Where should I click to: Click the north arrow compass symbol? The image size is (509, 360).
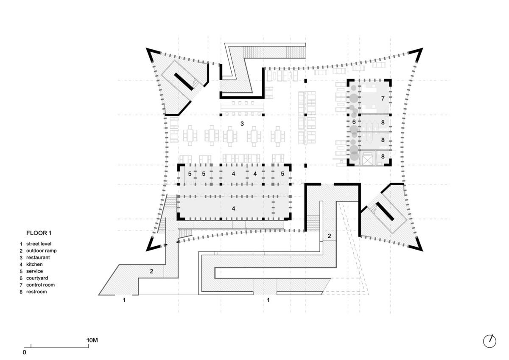coord(489,341)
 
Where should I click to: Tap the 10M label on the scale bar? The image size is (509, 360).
coord(92,340)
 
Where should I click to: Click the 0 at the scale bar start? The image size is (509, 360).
coord(25,352)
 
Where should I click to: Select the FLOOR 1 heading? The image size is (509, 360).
coord(39,233)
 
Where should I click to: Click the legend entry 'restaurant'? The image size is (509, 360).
coord(38,258)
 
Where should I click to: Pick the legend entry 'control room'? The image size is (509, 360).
coord(40,285)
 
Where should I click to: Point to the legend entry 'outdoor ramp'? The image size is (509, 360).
coord(41,251)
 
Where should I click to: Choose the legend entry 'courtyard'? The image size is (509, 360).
coord(37,278)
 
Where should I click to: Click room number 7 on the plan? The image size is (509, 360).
coord(382,98)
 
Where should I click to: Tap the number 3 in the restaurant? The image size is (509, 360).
coord(242,124)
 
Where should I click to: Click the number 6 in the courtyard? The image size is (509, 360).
coord(353,122)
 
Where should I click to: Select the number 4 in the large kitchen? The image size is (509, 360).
coord(233,208)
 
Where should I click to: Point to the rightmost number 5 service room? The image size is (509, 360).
coord(282,174)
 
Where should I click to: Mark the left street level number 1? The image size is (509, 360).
coord(124,300)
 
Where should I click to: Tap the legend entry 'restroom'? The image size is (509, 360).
coord(36,292)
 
